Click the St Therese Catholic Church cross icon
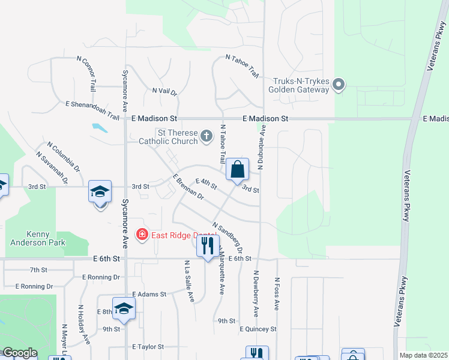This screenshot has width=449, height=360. pos(206,136)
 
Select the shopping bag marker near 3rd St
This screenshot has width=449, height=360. pos(238,170)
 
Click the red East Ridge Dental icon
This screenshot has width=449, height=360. pos(142,234)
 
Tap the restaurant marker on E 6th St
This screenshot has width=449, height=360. pos(208,247)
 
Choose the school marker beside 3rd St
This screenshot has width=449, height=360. pos(100,193)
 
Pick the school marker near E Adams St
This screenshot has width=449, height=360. pos(124,310)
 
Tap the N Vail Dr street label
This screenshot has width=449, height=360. pos(164,92)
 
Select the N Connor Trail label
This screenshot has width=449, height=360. pos(85,74)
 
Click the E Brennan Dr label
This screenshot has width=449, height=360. pos(188,187)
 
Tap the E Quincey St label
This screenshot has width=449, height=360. pos(258,329)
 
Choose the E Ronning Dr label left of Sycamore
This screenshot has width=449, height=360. pos(34,286)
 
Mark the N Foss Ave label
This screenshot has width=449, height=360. pos(277,293)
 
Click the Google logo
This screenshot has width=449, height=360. pos(20,353)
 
